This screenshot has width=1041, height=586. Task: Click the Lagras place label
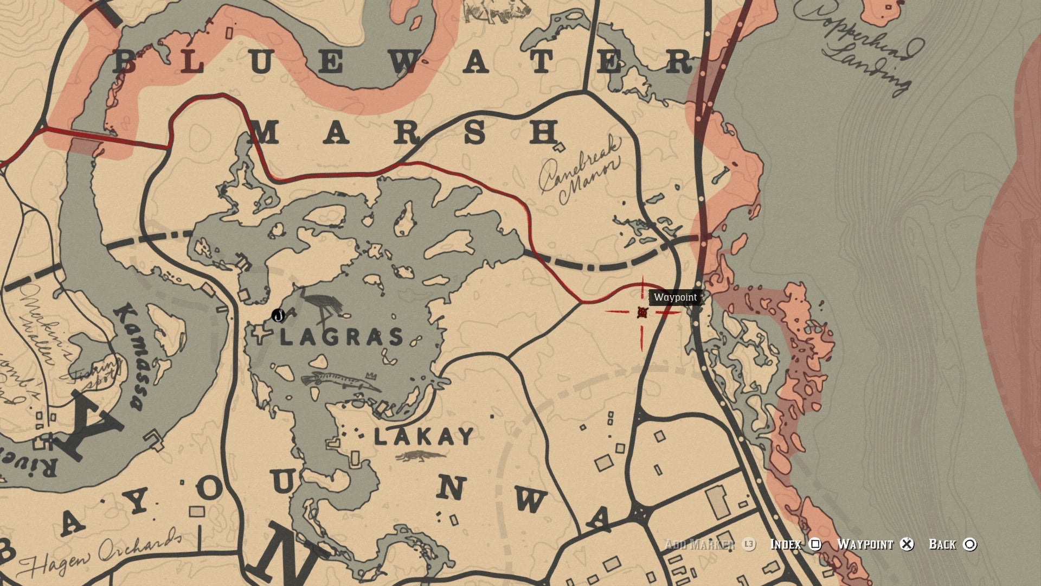pyautogui.click(x=343, y=337)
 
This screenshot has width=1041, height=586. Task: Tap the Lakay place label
pyautogui.click(x=424, y=436)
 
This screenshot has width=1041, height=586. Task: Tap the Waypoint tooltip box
pyautogui.click(x=675, y=297)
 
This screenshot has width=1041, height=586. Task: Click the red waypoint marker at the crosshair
pyautogui.click(x=642, y=312)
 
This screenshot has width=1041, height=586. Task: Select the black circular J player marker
pyautogui.click(x=278, y=315)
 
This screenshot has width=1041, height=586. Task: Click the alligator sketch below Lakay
pyautogui.click(x=420, y=456)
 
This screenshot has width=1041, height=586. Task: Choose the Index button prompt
pyautogui.click(x=795, y=544)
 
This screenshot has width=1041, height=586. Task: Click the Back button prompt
pyautogui.click(x=952, y=544)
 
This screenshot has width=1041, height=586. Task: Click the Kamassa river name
pyautogui.click(x=129, y=356)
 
